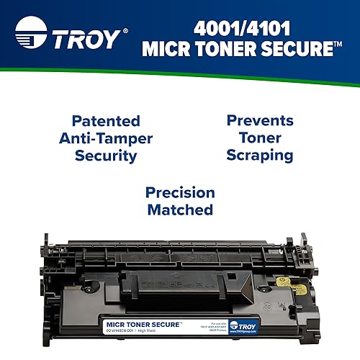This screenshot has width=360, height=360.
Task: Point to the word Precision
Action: (x=180, y=193)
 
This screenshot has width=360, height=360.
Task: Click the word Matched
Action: (x=180, y=210)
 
